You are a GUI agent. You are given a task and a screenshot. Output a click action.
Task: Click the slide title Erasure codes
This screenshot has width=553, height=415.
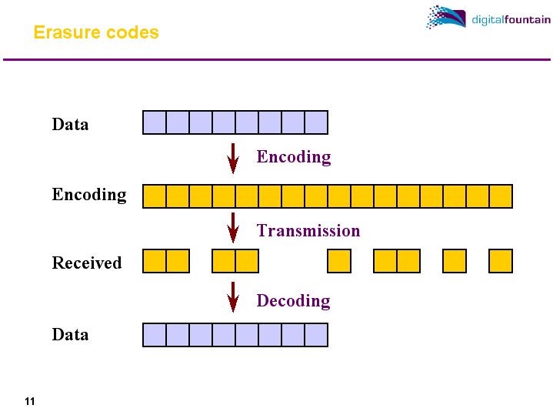tap(96, 32)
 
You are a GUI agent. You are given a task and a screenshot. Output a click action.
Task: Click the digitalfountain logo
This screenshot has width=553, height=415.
tap(488, 17)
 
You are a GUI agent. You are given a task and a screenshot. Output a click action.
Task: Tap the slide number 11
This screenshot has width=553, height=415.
tap(30, 401)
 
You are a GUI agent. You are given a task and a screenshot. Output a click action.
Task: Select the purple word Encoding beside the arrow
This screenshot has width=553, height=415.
tap(293, 157)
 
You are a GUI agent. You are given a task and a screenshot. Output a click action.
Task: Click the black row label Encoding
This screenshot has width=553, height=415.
tap(89, 195)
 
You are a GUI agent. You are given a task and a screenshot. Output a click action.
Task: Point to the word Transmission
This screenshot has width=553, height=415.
tap(308, 231)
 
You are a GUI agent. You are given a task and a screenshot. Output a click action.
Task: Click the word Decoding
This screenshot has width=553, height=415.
tap(293, 301)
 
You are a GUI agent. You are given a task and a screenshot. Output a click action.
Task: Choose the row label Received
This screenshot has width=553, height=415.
tap(87, 263)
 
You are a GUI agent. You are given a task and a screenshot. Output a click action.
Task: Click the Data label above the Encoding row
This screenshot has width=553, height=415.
tap(70, 125)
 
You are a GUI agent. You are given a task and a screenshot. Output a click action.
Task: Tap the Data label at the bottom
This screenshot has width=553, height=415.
tap(70, 335)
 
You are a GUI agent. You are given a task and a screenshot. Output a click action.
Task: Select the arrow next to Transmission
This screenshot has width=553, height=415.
tap(233, 228)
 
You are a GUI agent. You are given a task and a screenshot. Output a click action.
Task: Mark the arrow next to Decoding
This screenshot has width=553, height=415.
tap(233, 297)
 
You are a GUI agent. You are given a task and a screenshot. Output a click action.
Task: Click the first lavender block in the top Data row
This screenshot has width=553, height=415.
tap(155, 122)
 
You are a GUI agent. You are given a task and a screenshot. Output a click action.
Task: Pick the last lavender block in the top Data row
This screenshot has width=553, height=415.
tap(316, 122)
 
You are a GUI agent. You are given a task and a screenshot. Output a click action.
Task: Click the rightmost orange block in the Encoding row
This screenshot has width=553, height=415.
tap(501, 196)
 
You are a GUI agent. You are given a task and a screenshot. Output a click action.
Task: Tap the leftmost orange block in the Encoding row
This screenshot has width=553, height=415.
tap(155, 196)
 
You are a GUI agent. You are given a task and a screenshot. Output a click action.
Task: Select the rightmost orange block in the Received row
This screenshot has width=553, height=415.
tap(501, 262)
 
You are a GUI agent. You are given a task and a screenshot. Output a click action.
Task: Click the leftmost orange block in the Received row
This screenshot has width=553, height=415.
tap(155, 262)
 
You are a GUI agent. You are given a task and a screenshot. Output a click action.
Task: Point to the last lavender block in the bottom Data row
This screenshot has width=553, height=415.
tap(316, 335)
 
